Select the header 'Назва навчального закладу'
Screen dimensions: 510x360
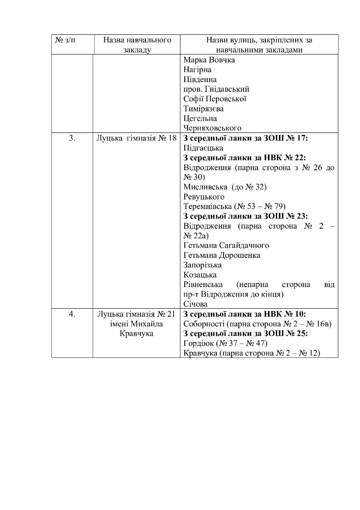coord(137,45)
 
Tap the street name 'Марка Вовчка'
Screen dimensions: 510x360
coord(209,60)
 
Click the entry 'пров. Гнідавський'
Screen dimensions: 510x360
coord(216,89)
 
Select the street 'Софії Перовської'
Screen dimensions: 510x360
coord(214,99)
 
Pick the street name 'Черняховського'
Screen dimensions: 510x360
coord(212,128)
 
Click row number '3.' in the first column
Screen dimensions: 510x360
coord(72,139)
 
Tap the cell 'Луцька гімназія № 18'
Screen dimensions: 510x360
coord(136,139)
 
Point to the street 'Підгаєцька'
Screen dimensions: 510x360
coord(203,148)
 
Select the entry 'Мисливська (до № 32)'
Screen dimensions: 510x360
coord(225,187)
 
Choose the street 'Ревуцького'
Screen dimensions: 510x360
coord(204,197)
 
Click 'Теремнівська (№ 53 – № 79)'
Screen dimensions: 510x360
coord(234,207)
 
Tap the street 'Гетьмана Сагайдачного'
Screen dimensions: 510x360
coord(226,245)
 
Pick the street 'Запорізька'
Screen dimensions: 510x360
coord(202,265)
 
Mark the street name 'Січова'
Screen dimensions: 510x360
coord(195,304)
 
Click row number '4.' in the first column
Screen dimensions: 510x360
coord(72,314)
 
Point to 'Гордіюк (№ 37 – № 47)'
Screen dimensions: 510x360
coord(225,343)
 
